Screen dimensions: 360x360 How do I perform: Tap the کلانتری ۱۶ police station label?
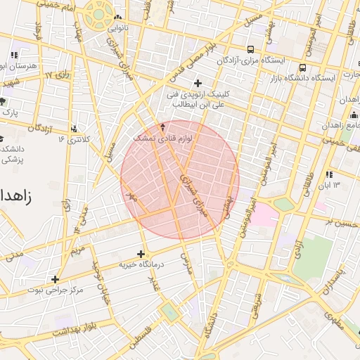coord(58,139)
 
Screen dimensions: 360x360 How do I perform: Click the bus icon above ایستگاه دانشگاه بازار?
coord(302,68)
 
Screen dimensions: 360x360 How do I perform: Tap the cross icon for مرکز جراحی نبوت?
coord(55,279)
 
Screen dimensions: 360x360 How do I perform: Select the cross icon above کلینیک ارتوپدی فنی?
coord(198,83)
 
